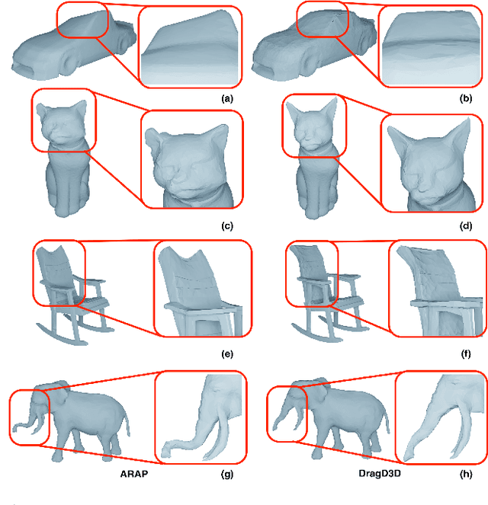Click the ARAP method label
(133, 474)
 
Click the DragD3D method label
(380, 474)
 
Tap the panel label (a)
(227, 99)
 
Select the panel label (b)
(466, 98)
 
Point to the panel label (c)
(227, 225)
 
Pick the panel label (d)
(466, 225)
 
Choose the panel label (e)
(227, 354)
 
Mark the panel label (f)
(466, 354)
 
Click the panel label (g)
(227, 474)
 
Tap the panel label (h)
(466, 474)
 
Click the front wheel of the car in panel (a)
(69, 65)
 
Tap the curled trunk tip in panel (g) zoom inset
(167, 449)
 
